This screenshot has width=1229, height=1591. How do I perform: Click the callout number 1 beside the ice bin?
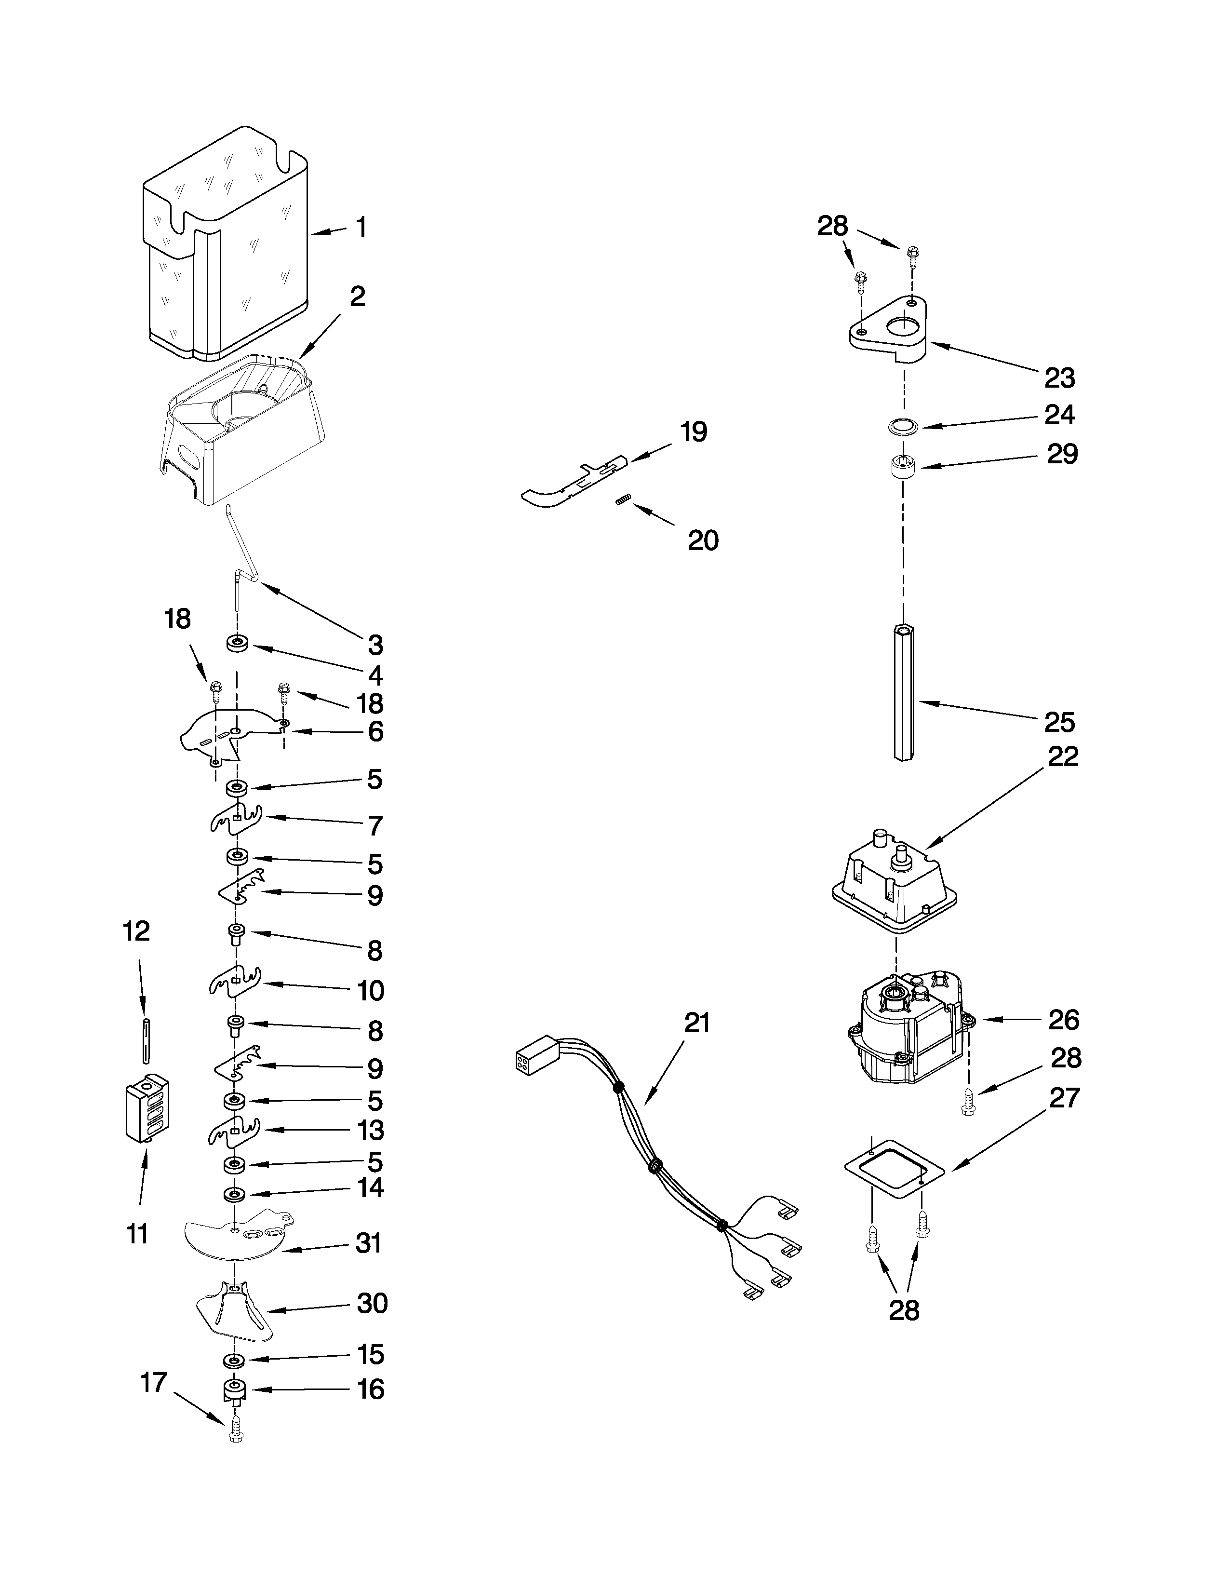coord(361,228)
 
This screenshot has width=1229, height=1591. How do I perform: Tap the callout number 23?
coord(1059,378)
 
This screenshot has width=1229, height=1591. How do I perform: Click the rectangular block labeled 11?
coord(148,1109)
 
